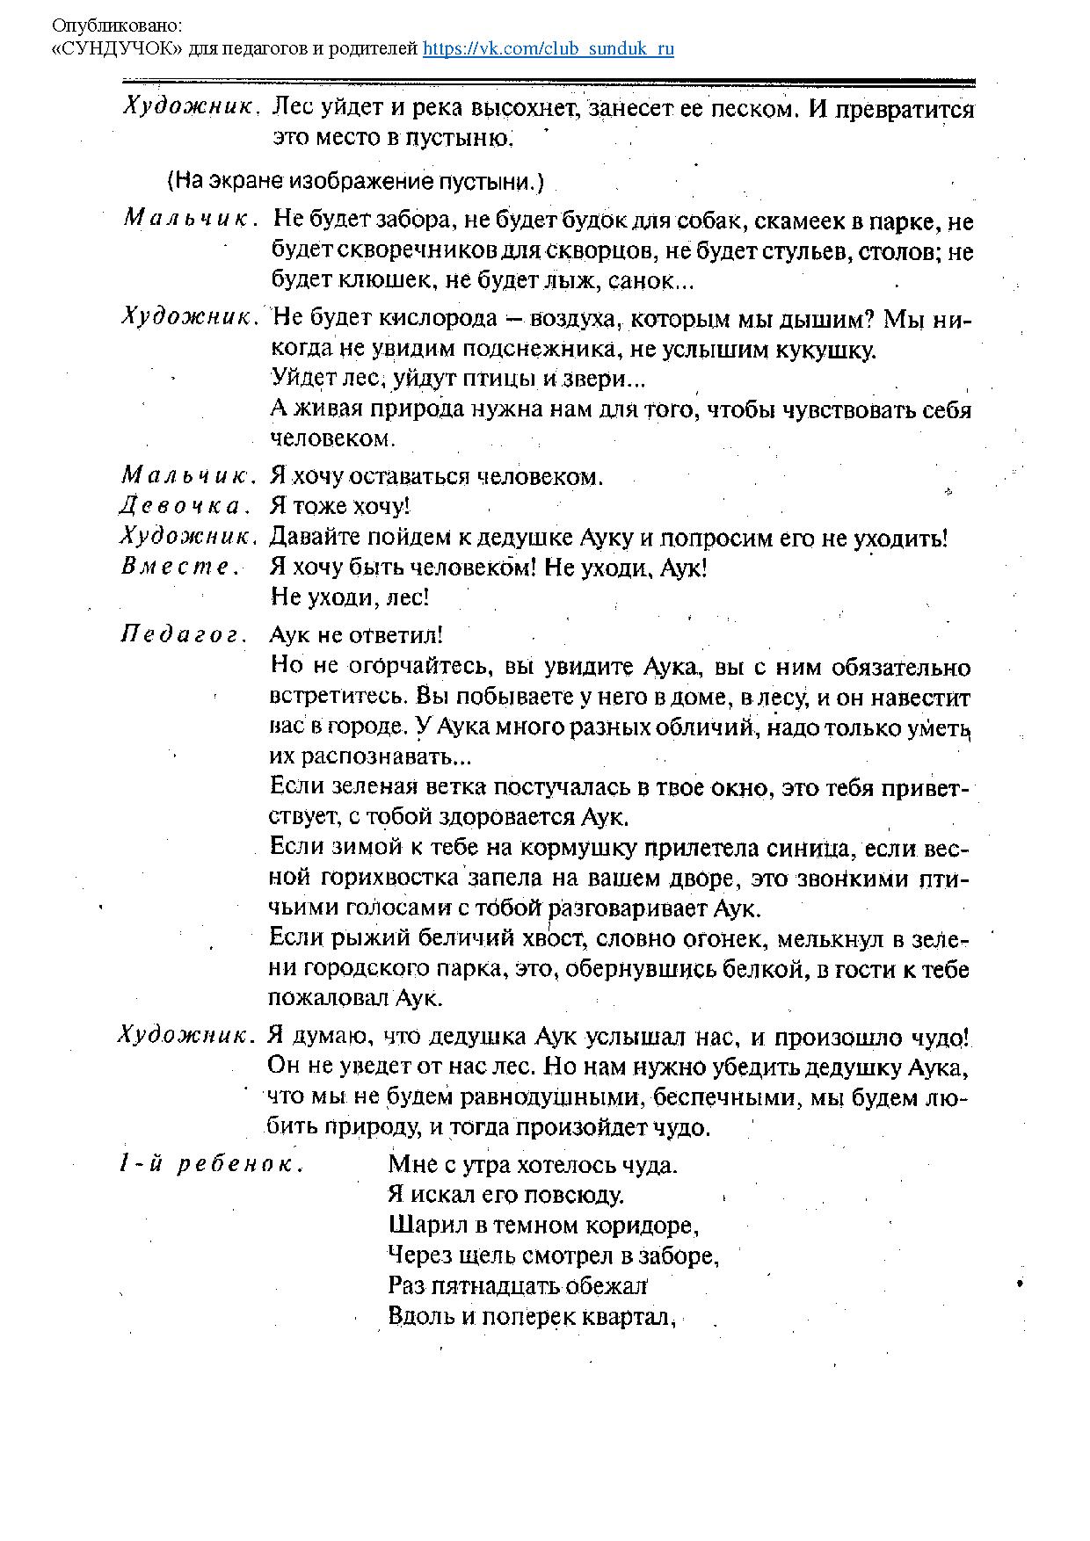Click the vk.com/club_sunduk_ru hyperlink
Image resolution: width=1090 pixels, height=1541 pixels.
pyautogui.click(x=549, y=48)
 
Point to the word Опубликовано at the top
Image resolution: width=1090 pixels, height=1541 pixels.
pyautogui.click(x=119, y=26)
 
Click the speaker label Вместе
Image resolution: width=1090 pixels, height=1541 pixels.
pyautogui.click(x=180, y=567)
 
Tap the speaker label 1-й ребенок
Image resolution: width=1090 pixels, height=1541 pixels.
pyautogui.click(x=211, y=1165)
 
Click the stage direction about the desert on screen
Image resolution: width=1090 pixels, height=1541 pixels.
pyautogui.click(x=355, y=182)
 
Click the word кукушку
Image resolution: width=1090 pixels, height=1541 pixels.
pyautogui.click(x=825, y=350)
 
